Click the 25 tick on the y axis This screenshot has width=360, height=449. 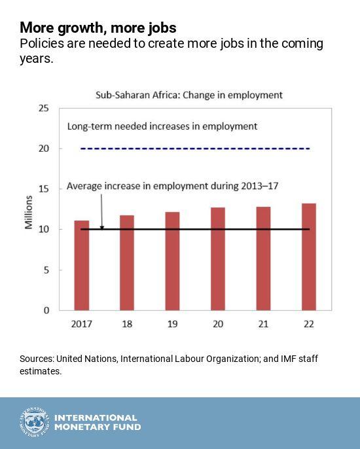[x=43, y=108]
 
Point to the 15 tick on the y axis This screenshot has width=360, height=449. [x=43, y=189]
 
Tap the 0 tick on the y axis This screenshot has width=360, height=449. [x=46, y=310]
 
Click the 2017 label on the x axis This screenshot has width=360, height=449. [x=81, y=323]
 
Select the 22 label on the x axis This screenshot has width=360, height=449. [x=309, y=323]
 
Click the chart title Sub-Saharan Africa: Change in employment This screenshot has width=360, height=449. [x=189, y=95]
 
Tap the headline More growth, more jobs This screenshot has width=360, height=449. [x=98, y=27]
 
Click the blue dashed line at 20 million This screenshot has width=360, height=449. [x=196, y=149]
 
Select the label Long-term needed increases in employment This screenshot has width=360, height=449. [x=162, y=126]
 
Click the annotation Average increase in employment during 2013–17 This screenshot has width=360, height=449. [x=173, y=187]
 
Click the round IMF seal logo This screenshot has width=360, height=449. [x=33, y=423]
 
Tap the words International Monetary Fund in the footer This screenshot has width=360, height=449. [x=97, y=423]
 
